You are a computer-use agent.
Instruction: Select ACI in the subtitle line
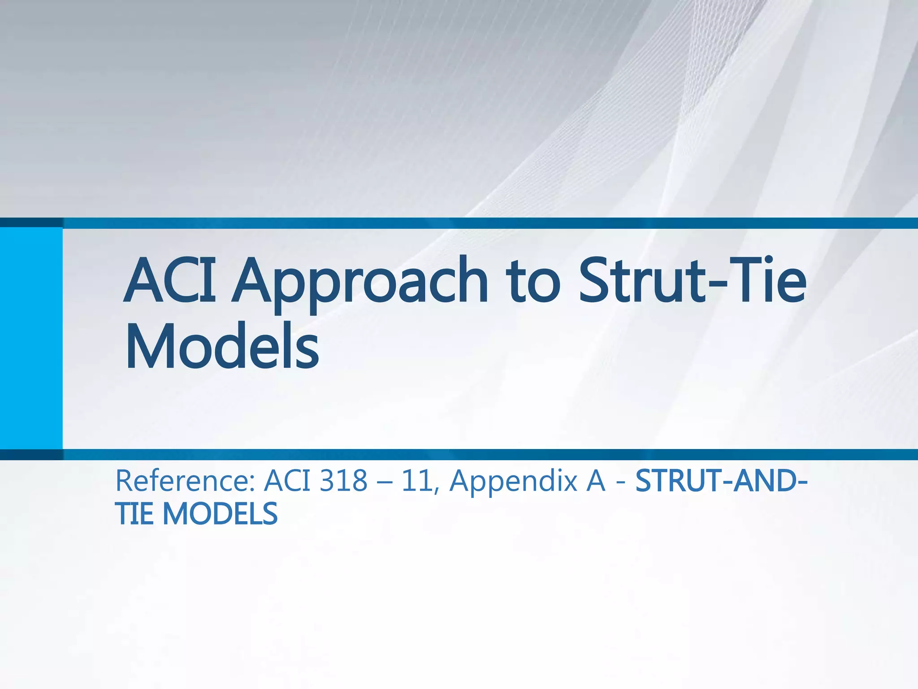tap(287, 481)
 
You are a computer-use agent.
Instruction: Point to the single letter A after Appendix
tap(595, 481)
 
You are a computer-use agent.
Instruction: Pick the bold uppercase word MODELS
tap(220, 514)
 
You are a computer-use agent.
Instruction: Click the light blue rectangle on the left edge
tap(31, 337)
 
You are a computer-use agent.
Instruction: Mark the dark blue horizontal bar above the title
tap(459, 223)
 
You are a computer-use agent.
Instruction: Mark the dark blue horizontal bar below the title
tap(459, 454)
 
